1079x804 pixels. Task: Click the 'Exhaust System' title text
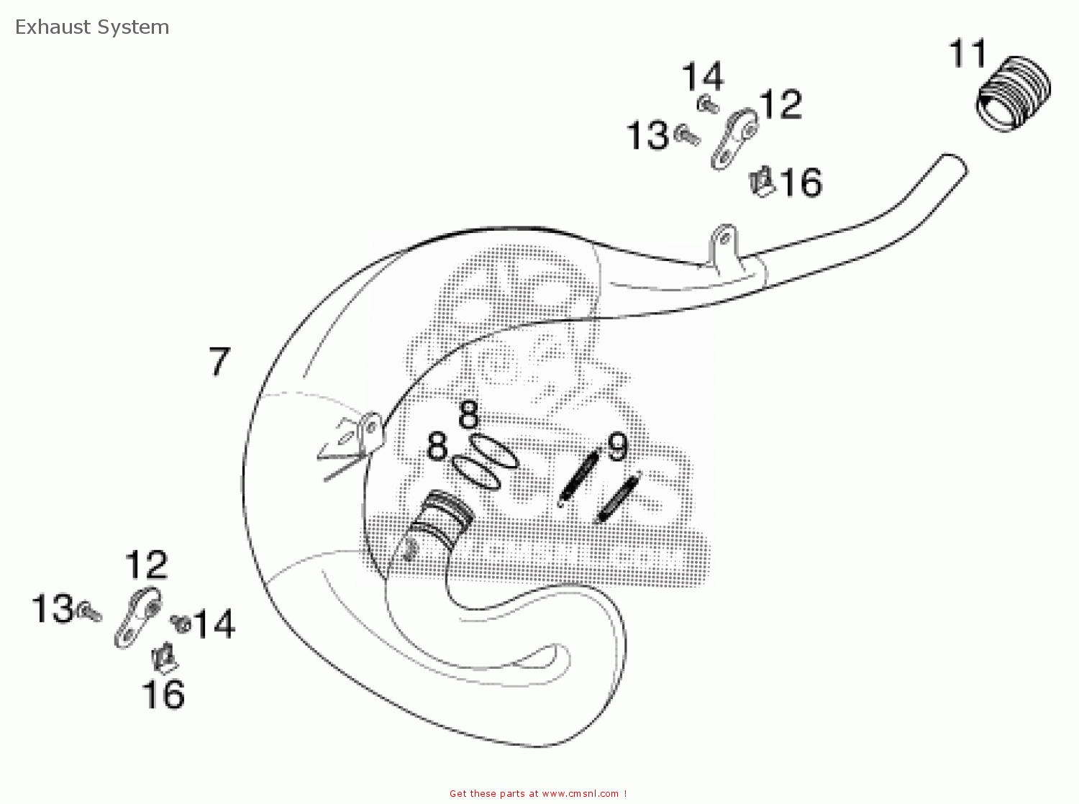pyautogui.click(x=92, y=27)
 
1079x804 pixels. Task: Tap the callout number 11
pyautogui.click(x=968, y=55)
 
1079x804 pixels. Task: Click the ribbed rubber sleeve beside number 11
pyautogui.click(x=1013, y=94)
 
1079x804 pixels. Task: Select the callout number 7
pyautogui.click(x=219, y=362)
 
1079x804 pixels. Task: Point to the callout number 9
pyautogui.click(x=618, y=447)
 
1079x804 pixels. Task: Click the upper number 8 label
pyautogui.click(x=468, y=415)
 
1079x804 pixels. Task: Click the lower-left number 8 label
pyautogui.click(x=437, y=447)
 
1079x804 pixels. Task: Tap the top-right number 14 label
pyautogui.click(x=703, y=77)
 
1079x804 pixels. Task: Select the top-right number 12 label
pyautogui.click(x=780, y=105)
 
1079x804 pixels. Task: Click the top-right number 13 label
pyautogui.click(x=647, y=136)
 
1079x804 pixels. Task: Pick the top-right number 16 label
pyautogui.click(x=801, y=183)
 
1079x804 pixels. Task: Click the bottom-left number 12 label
pyautogui.click(x=146, y=566)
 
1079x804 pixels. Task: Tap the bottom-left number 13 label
pyautogui.click(x=53, y=609)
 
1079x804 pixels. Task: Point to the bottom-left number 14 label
pyautogui.click(x=214, y=624)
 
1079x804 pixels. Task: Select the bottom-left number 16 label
pyautogui.click(x=163, y=695)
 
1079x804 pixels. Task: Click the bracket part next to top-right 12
pyautogui.click(x=734, y=139)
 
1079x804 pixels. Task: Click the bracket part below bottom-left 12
pyautogui.click(x=137, y=618)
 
